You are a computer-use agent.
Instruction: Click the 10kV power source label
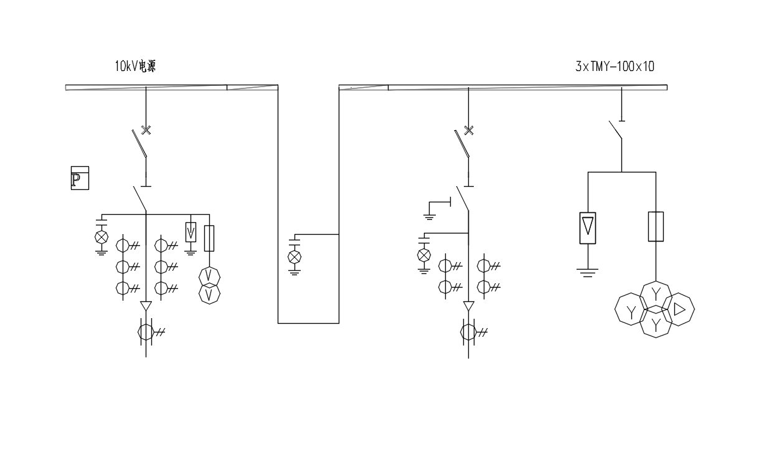coord(135,66)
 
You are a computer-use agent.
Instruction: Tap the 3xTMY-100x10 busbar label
coord(615,66)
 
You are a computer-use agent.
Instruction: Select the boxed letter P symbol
coord(80,178)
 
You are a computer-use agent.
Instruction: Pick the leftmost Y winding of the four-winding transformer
coord(631,311)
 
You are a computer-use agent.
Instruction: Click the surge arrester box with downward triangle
coord(588,228)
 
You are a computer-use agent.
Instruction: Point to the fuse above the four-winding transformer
coord(656,226)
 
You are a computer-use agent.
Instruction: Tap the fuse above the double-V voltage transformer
coord(209,238)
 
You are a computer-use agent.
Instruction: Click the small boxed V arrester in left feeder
coord(191,232)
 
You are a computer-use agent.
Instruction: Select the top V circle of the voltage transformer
coord(210,276)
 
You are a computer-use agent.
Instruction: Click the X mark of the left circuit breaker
coord(146,130)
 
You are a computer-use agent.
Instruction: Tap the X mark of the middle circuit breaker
coord(469,130)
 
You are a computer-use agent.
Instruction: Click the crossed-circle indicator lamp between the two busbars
coord(295,256)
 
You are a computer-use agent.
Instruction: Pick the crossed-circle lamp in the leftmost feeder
coord(101,237)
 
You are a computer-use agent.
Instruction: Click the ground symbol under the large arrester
coord(588,271)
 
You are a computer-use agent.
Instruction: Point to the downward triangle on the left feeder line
coord(146,306)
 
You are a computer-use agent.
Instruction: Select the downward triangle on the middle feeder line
coord(469,306)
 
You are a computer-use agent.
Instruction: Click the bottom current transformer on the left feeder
coord(146,332)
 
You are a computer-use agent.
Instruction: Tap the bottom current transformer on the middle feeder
coord(469,332)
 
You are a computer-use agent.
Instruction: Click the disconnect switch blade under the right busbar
coord(615,131)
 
